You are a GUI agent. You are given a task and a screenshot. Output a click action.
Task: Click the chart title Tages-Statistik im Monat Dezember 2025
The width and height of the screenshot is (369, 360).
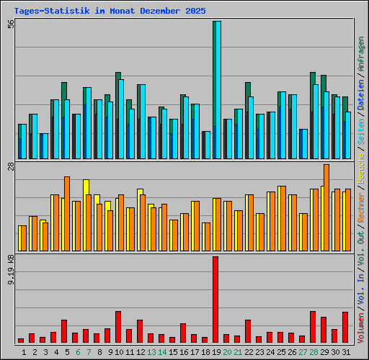(110, 11)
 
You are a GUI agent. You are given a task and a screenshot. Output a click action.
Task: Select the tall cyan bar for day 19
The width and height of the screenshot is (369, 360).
(217, 90)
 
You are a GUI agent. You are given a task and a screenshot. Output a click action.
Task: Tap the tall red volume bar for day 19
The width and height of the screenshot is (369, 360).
(215, 299)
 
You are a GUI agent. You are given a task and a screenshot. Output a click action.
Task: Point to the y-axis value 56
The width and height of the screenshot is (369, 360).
(11, 24)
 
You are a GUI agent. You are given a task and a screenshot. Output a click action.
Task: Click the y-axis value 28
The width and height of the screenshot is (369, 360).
(11, 166)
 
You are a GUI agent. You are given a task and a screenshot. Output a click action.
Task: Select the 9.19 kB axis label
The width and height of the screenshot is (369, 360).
(11, 267)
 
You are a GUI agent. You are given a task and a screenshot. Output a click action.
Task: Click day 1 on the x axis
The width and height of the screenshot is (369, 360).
(24, 351)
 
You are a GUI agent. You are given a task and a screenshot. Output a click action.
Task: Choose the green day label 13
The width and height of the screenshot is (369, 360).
(151, 351)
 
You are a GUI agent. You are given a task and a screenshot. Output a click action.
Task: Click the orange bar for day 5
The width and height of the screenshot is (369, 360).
(67, 213)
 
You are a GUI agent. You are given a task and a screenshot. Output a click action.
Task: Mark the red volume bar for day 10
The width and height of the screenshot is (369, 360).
(117, 327)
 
